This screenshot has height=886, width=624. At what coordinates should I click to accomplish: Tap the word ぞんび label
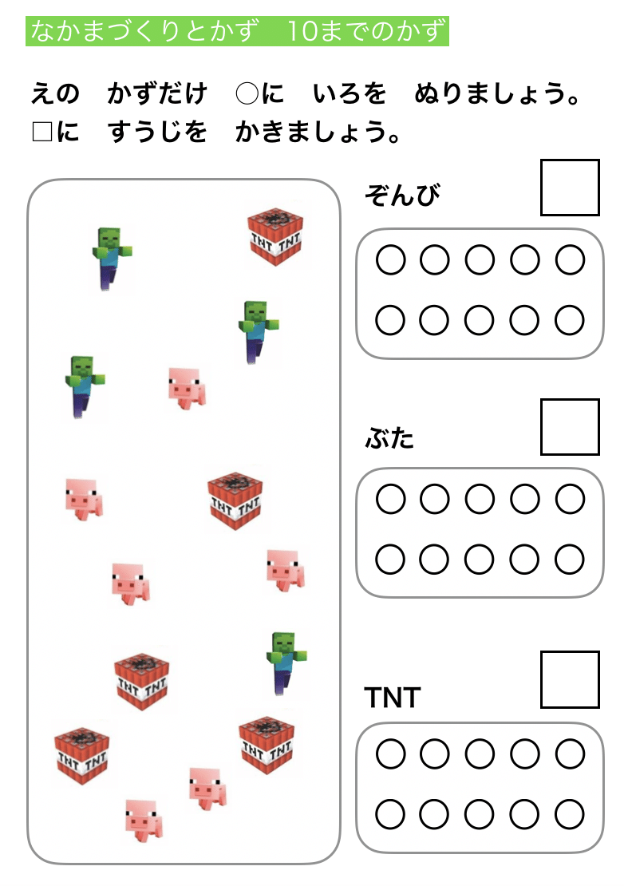pyautogui.click(x=402, y=196)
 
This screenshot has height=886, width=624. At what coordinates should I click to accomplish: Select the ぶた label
pyautogui.click(x=389, y=437)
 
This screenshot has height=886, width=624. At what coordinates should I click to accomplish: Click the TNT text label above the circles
pyautogui.click(x=393, y=698)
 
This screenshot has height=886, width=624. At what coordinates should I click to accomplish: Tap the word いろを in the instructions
pyautogui.click(x=350, y=93)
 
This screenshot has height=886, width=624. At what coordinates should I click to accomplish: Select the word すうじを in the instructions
pyautogui.click(x=157, y=132)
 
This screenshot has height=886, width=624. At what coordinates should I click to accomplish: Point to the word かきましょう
pyautogui.click(x=318, y=132)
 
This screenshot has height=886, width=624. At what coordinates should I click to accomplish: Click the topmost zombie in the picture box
pyautogui.click(x=111, y=259)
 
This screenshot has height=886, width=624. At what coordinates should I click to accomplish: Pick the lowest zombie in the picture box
pyautogui.click(x=286, y=663)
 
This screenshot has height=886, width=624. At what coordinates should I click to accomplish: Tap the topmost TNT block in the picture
pyautogui.click(x=275, y=236)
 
